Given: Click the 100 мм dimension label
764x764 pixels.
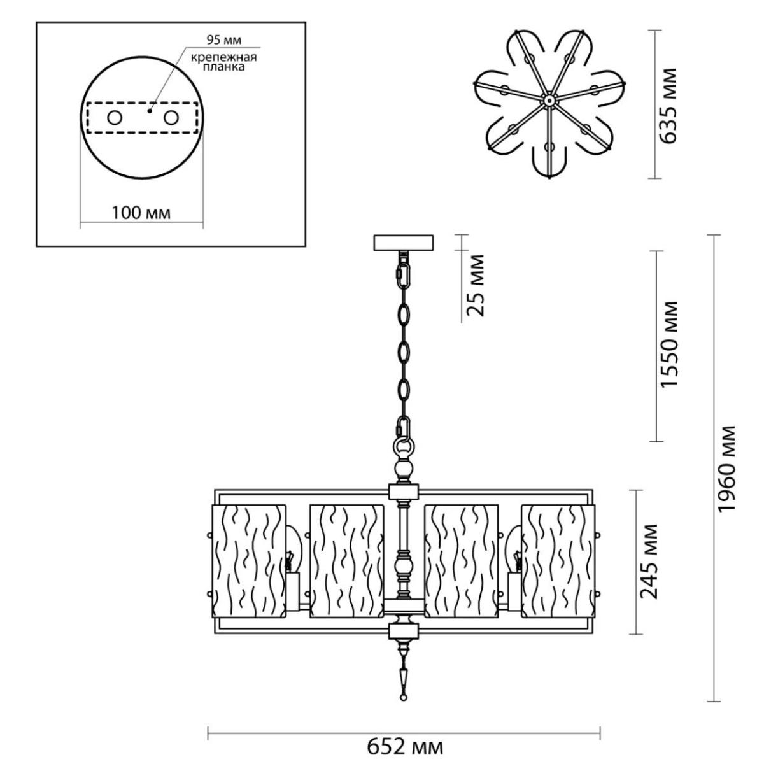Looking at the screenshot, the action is [141, 213].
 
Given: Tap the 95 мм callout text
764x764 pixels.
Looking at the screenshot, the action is [224, 40].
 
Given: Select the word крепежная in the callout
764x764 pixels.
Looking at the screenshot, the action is [224, 57].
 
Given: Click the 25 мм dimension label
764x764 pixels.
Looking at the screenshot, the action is [476, 285].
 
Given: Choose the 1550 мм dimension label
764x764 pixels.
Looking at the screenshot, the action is [668, 343].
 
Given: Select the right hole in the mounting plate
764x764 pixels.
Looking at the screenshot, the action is [171, 118].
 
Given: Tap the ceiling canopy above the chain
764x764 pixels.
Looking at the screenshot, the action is [404, 243].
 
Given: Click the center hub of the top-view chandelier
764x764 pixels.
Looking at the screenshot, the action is [549, 101].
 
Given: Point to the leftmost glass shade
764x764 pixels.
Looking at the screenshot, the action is [250, 562].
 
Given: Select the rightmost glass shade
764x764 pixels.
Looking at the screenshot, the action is [558, 562].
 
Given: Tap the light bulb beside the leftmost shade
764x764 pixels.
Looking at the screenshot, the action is [292, 551].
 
